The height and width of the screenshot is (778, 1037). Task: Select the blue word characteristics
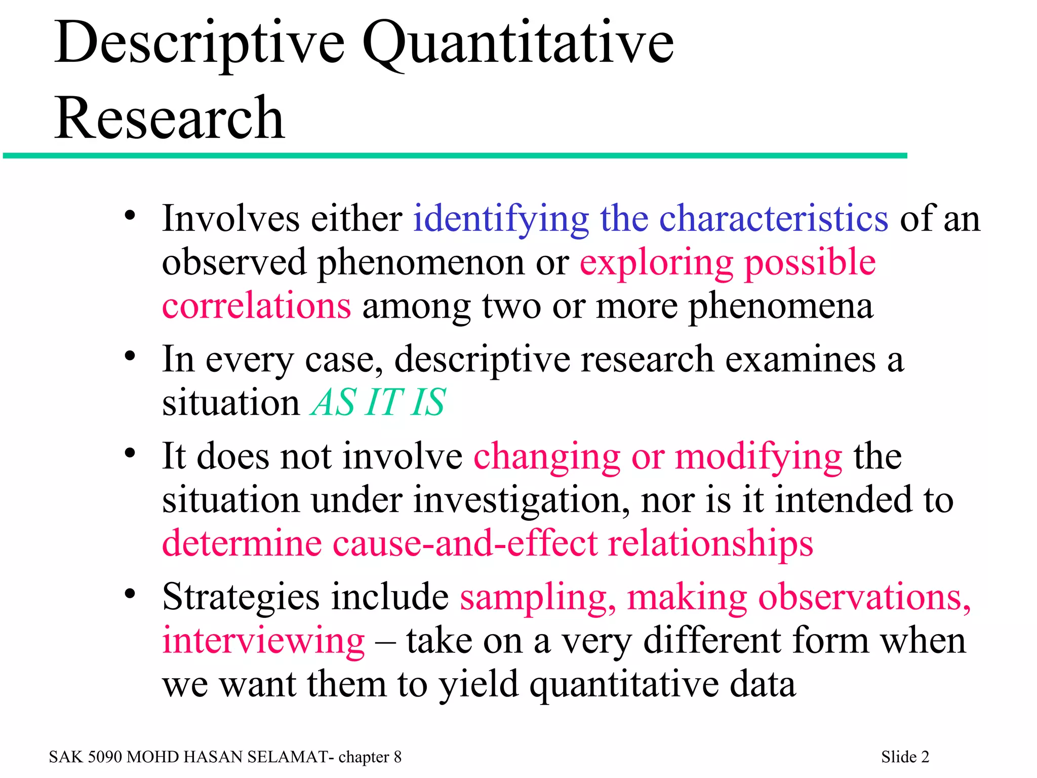click(x=773, y=219)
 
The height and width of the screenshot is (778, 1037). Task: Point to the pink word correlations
click(x=256, y=306)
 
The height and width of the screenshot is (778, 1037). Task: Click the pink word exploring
click(x=656, y=263)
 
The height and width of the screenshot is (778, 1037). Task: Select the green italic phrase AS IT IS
click(x=378, y=402)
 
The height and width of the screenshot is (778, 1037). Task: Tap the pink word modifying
click(x=759, y=457)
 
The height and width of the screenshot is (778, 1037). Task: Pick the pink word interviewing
click(x=263, y=641)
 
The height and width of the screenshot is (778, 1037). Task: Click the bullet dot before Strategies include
click(x=130, y=593)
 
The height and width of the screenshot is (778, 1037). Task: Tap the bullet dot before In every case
click(x=130, y=356)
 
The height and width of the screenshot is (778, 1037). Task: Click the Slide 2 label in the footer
click(x=905, y=757)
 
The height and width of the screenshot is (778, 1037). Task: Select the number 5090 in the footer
click(x=105, y=757)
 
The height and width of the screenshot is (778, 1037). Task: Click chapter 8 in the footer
click(x=370, y=757)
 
